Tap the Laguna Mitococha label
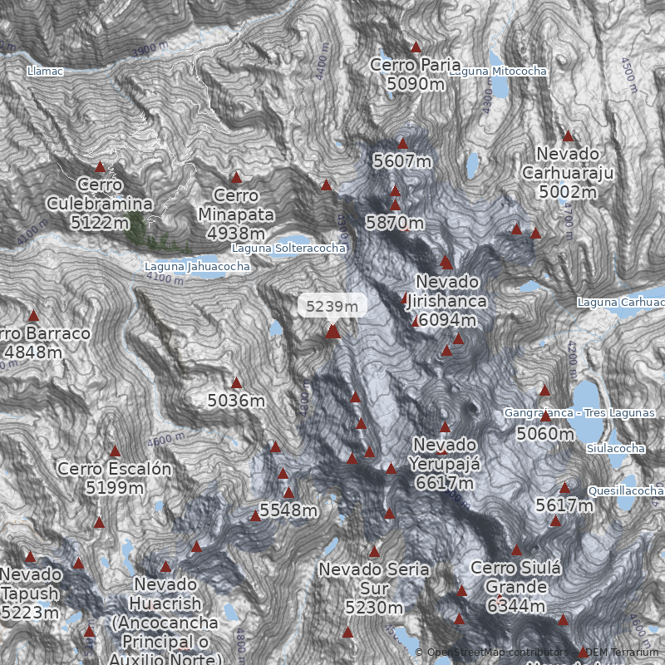(x=498, y=71)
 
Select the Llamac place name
(x=45, y=71)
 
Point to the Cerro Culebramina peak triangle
(x=100, y=167)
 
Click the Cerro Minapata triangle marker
(x=236, y=177)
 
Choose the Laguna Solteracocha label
(x=288, y=248)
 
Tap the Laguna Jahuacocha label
(x=197, y=267)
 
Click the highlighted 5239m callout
(x=332, y=306)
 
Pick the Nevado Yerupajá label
(x=446, y=463)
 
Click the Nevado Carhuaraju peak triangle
(x=568, y=136)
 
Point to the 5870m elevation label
(x=395, y=223)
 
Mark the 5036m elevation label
(x=236, y=401)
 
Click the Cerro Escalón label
(x=115, y=478)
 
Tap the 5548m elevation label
(x=288, y=510)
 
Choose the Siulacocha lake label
(x=616, y=449)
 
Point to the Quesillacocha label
(x=625, y=491)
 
